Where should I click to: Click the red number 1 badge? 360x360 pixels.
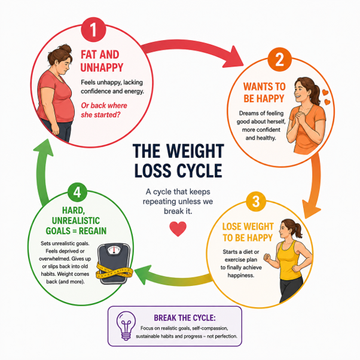93,30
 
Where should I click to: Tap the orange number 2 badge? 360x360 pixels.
279,60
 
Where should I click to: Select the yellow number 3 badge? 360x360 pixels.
256,202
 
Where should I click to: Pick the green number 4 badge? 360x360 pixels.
77,192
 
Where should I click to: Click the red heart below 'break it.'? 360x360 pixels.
178,228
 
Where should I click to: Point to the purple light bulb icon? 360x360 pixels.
126,325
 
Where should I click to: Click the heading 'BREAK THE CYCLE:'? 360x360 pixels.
185,318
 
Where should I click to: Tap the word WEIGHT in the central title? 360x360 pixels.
195,151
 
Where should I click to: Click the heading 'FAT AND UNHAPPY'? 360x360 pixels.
102,62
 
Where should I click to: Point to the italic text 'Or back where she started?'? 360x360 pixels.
104,110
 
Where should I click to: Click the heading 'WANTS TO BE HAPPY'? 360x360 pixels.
264,93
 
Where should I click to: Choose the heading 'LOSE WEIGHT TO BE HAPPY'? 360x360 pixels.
248,232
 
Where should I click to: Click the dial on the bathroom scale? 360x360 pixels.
114,250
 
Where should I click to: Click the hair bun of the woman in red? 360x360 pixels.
65,48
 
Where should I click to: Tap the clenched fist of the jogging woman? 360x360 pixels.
267,258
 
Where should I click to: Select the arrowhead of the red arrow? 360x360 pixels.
233,57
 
